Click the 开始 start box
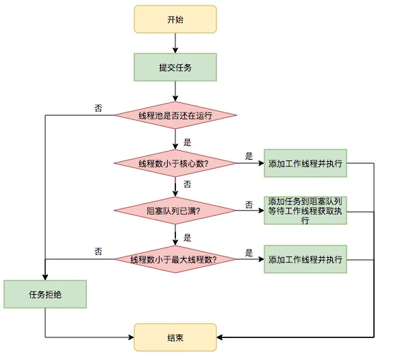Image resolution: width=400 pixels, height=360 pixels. (x=175, y=20)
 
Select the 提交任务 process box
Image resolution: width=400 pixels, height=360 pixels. (x=175, y=67)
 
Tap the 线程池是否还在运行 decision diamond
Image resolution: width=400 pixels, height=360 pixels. (x=175, y=115)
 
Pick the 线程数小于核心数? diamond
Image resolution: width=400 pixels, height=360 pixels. (x=175, y=163)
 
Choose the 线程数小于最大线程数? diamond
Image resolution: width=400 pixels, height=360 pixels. (x=175, y=259)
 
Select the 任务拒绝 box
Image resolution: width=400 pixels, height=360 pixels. (x=45, y=294)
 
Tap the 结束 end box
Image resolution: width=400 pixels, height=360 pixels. (x=175, y=337)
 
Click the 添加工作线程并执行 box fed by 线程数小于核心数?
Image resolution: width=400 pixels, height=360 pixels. (x=305, y=163)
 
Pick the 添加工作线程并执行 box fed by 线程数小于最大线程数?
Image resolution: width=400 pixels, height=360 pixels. (x=305, y=259)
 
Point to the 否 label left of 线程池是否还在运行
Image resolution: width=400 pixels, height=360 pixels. (x=99, y=108)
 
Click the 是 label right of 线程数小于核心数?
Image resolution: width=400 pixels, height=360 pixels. (x=249, y=156)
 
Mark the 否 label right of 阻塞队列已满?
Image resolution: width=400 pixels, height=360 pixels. (x=249, y=204)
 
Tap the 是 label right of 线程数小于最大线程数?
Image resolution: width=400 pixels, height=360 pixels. (x=249, y=252)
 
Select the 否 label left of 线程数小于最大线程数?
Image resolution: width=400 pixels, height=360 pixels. (x=99, y=252)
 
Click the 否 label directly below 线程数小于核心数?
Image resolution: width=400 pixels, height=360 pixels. (x=187, y=184)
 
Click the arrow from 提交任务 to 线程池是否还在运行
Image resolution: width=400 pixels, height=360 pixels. (x=175, y=91)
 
